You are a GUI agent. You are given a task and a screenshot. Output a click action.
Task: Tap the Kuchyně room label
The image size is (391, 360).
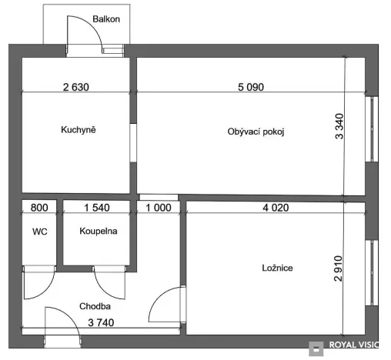tap(78, 130)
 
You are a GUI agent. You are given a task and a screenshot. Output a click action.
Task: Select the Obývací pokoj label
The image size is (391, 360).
tap(256, 132)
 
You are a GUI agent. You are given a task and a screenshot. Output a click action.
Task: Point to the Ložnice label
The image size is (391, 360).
tap(276, 268)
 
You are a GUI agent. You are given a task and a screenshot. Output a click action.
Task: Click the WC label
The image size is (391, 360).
tap(39, 231)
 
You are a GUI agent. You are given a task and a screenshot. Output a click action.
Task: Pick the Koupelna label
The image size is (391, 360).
tap(98, 231)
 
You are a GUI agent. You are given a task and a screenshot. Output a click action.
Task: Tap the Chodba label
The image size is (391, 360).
tap(95, 306)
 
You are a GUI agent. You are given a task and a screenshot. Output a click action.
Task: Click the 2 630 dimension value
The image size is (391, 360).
tap(75, 88)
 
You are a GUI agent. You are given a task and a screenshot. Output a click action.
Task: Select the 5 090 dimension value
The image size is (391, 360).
tap(250, 88)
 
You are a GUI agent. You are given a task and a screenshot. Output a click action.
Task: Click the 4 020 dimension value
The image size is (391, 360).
tap(276, 208)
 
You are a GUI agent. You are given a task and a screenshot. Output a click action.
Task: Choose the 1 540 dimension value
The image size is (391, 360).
tap(97, 208)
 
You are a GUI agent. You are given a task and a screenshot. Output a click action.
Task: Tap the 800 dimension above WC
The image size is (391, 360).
tap(38, 208)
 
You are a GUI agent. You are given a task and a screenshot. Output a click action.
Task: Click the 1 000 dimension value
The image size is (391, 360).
tap(159, 208)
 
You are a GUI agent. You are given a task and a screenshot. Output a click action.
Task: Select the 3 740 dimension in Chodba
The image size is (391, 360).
tap(102, 322)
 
